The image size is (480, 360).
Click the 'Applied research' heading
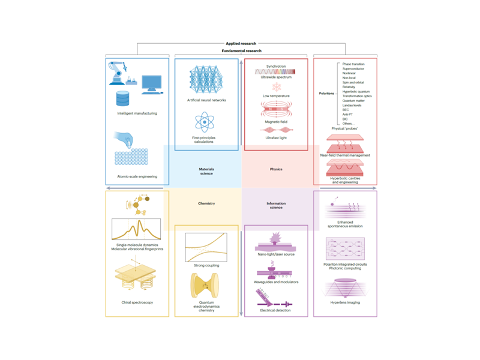click(242, 44)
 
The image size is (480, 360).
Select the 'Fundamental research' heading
click(241, 51)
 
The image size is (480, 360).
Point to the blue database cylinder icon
click(123, 98)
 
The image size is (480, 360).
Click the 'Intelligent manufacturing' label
click(137, 113)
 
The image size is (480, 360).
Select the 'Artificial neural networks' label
click(206, 100)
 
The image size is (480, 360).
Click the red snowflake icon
click(277, 87)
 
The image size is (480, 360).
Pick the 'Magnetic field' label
click(277, 122)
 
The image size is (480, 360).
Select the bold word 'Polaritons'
click(327, 94)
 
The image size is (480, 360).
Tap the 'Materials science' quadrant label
click(206, 172)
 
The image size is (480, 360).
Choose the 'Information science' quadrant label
click(276, 206)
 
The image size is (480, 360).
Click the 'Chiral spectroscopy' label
click(137, 302)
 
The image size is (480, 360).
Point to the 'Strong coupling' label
click(206, 265)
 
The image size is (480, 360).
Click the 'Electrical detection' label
click(276, 310)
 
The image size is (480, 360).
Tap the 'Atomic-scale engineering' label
click(137, 176)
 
